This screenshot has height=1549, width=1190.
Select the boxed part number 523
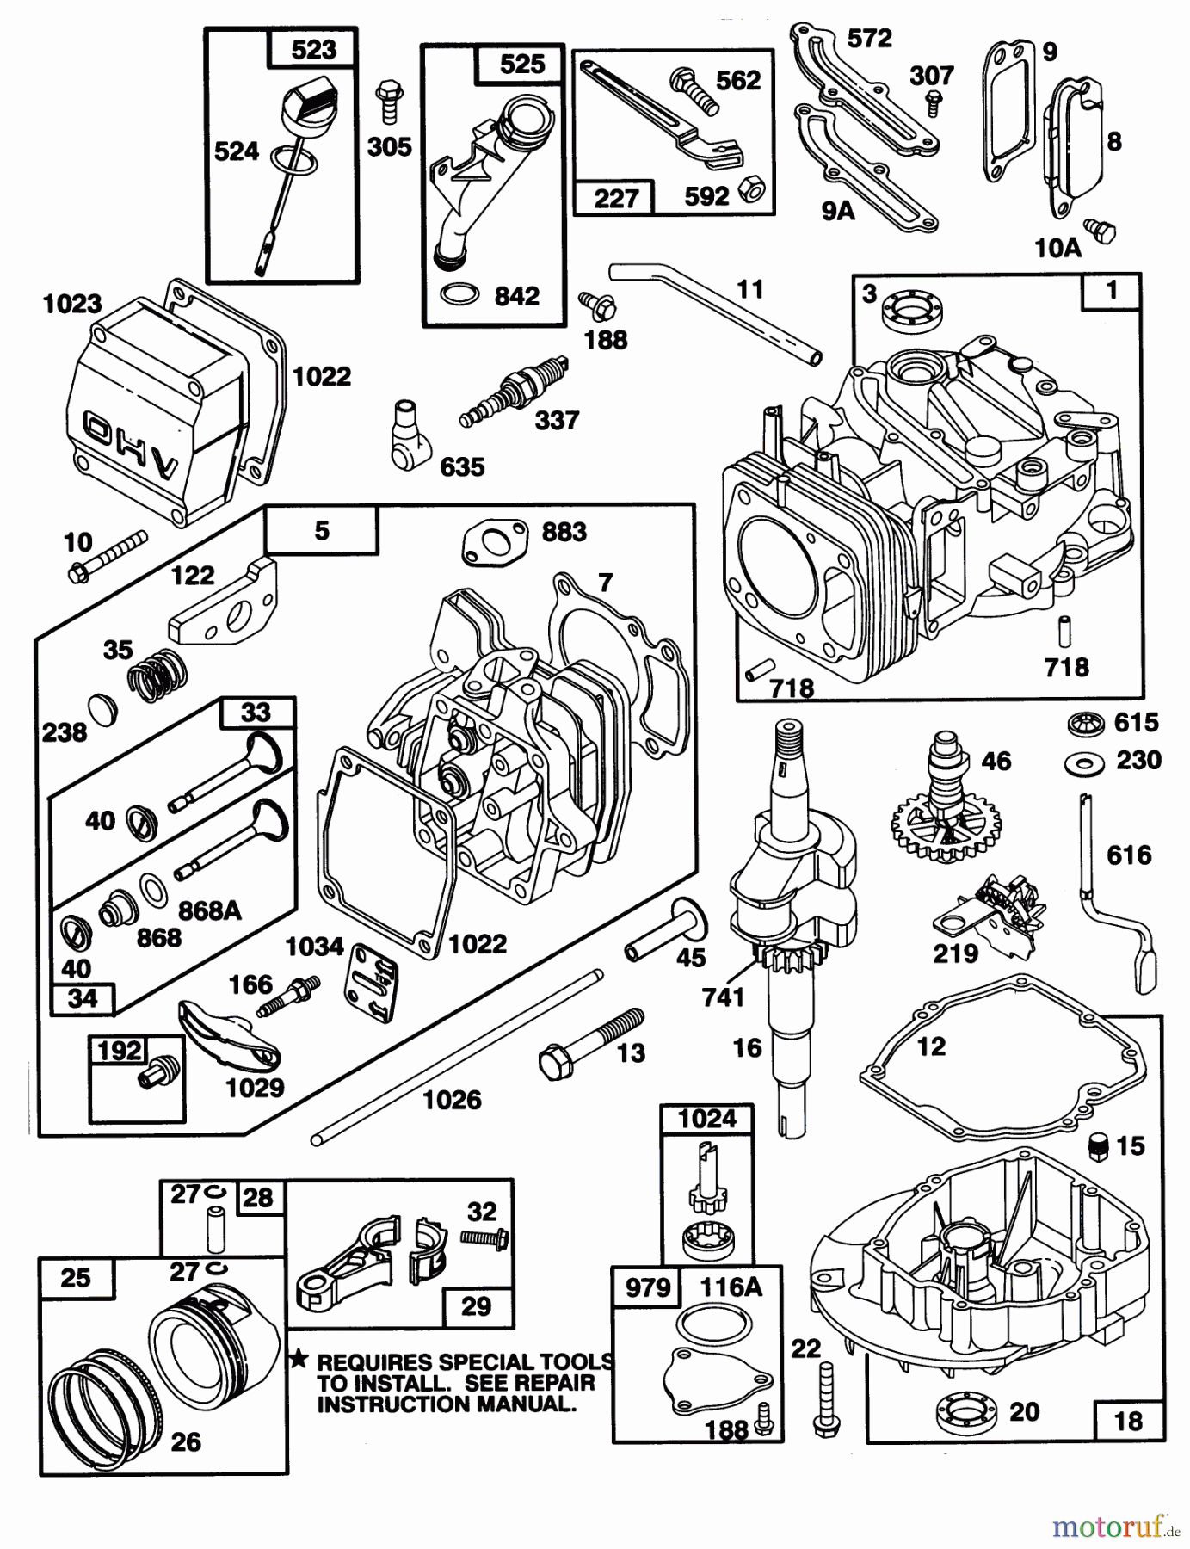click(313, 49)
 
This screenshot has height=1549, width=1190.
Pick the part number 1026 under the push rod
click(452, 1099)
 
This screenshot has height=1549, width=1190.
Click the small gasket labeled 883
click(493, 544)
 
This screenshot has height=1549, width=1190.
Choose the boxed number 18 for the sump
click(1128, 1421)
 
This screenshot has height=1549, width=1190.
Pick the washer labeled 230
click(1078, 762)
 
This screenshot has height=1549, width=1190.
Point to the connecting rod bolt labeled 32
click(485, 1238)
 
